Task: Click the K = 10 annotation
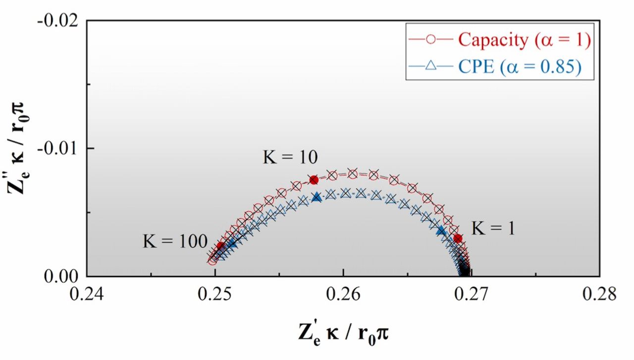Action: click(x=290, y=158)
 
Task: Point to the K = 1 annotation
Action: click(x=493, y=228)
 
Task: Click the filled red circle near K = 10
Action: click(x=314, y=180)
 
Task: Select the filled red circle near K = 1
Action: click(x=458, y=238)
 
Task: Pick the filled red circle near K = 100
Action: click(x=221, y=246)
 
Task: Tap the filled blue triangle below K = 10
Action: click(x=317, y=197)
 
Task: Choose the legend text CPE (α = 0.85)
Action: click(x=520, y=66)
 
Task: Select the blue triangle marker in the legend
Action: click(x=430, y=66)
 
